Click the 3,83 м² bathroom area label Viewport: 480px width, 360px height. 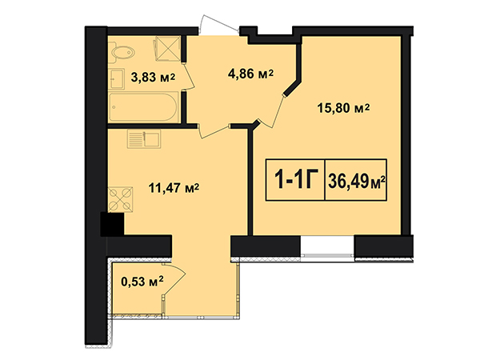tap(153, 77)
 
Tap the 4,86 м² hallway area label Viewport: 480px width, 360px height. tap(250, 74)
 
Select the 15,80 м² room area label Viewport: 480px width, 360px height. tap(343, 108)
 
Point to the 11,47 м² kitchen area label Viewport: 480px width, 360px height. tap(174, 188)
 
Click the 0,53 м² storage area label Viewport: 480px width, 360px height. tap(142, 281)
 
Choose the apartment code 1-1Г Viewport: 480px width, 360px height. tap(294, 179)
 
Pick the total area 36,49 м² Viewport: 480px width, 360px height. tap(356, 181)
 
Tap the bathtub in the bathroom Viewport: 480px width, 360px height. tap(143, 107)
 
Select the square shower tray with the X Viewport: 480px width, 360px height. tap(167, 48)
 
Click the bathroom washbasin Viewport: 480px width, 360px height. tap(116, 78)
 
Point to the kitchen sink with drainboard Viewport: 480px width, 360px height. tap(144, 138)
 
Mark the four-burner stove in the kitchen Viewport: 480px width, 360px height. tap(120, 199)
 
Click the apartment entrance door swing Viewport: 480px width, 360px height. tap(219, 23)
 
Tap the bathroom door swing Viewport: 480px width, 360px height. tap(189, 77)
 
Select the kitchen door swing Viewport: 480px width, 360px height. tap(214, 131)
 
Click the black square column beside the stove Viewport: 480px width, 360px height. tap(112, 224)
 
